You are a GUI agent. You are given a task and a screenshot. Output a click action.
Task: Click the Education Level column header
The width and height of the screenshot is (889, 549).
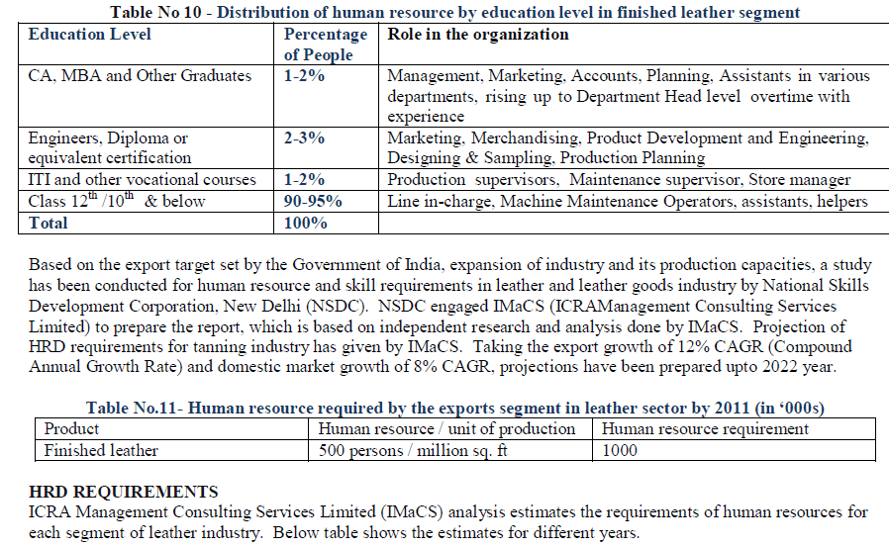tap(90, 35)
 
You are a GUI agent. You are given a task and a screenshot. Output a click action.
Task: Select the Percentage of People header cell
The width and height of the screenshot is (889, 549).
tap(326, 45)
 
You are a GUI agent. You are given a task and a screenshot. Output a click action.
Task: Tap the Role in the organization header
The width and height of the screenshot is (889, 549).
tap(477, 35)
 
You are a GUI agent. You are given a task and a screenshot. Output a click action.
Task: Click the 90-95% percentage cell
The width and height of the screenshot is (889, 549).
tap(313, 202)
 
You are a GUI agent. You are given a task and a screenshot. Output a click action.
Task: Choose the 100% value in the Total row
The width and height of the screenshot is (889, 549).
tap(306, 224)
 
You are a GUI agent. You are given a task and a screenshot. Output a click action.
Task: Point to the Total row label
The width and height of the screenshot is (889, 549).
tap(49, 224)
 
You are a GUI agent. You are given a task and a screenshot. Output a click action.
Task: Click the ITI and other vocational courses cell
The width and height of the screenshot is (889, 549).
tap(143, 180)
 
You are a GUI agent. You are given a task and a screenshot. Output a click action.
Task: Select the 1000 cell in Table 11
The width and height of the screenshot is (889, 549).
tap(620, 450)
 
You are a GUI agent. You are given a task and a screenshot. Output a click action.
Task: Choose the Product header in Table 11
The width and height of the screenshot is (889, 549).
tap(72, 429)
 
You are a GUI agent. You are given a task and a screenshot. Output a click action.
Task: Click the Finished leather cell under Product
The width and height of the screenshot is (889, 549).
tap(101, 450)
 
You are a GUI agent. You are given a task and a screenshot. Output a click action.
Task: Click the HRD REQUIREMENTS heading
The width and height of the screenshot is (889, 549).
tap(124, 492)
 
